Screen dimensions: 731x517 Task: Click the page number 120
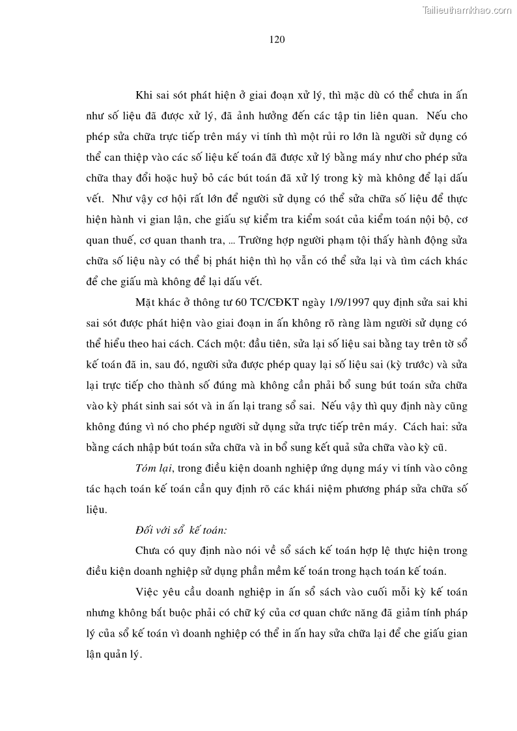point(277,39)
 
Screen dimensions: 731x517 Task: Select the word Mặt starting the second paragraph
point(146,303)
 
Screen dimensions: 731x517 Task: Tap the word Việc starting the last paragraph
point(147,593)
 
